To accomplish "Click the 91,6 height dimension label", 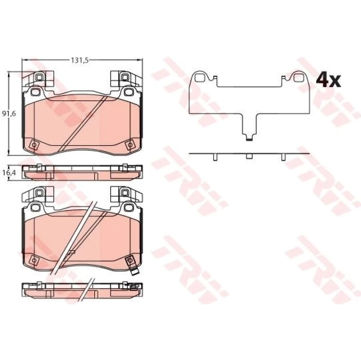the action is point(9,113).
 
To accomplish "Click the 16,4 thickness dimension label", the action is point(9,173).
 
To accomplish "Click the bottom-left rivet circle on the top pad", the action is point(34,145).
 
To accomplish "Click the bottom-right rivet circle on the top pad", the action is point(130,145).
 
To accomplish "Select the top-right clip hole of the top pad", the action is point(125,77).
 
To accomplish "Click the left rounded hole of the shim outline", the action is point(199,77).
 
